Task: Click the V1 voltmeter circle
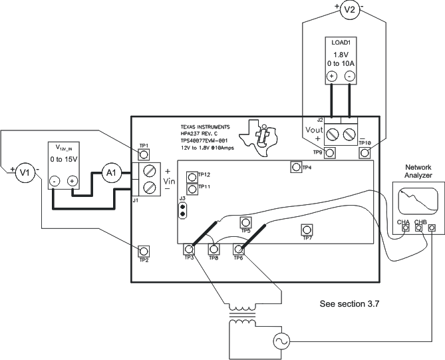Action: (24, 173)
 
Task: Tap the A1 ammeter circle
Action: (111, 173)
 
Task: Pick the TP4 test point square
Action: (296, 167)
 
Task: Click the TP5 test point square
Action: (245, 222)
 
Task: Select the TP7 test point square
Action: (307, 230)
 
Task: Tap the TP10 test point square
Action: (365, 153)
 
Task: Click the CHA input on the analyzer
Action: (405, 228)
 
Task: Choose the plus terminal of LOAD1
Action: (331, 76)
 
